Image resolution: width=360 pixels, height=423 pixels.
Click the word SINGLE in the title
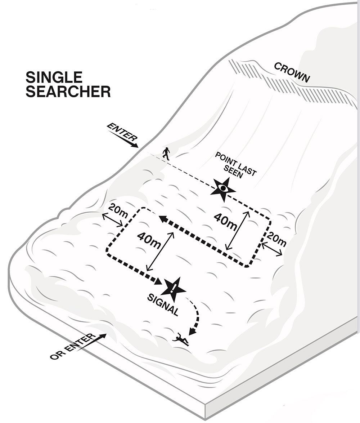(x=54, y=77)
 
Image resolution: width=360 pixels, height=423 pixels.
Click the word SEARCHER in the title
(x=68, y=92)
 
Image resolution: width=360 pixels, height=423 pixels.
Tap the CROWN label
(x=292, y=72)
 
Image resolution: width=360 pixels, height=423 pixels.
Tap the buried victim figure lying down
(x=181, y=340)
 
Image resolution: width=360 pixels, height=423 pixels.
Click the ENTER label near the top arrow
(x=122, y=133)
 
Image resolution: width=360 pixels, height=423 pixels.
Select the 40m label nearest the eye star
(x=225, y=221)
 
